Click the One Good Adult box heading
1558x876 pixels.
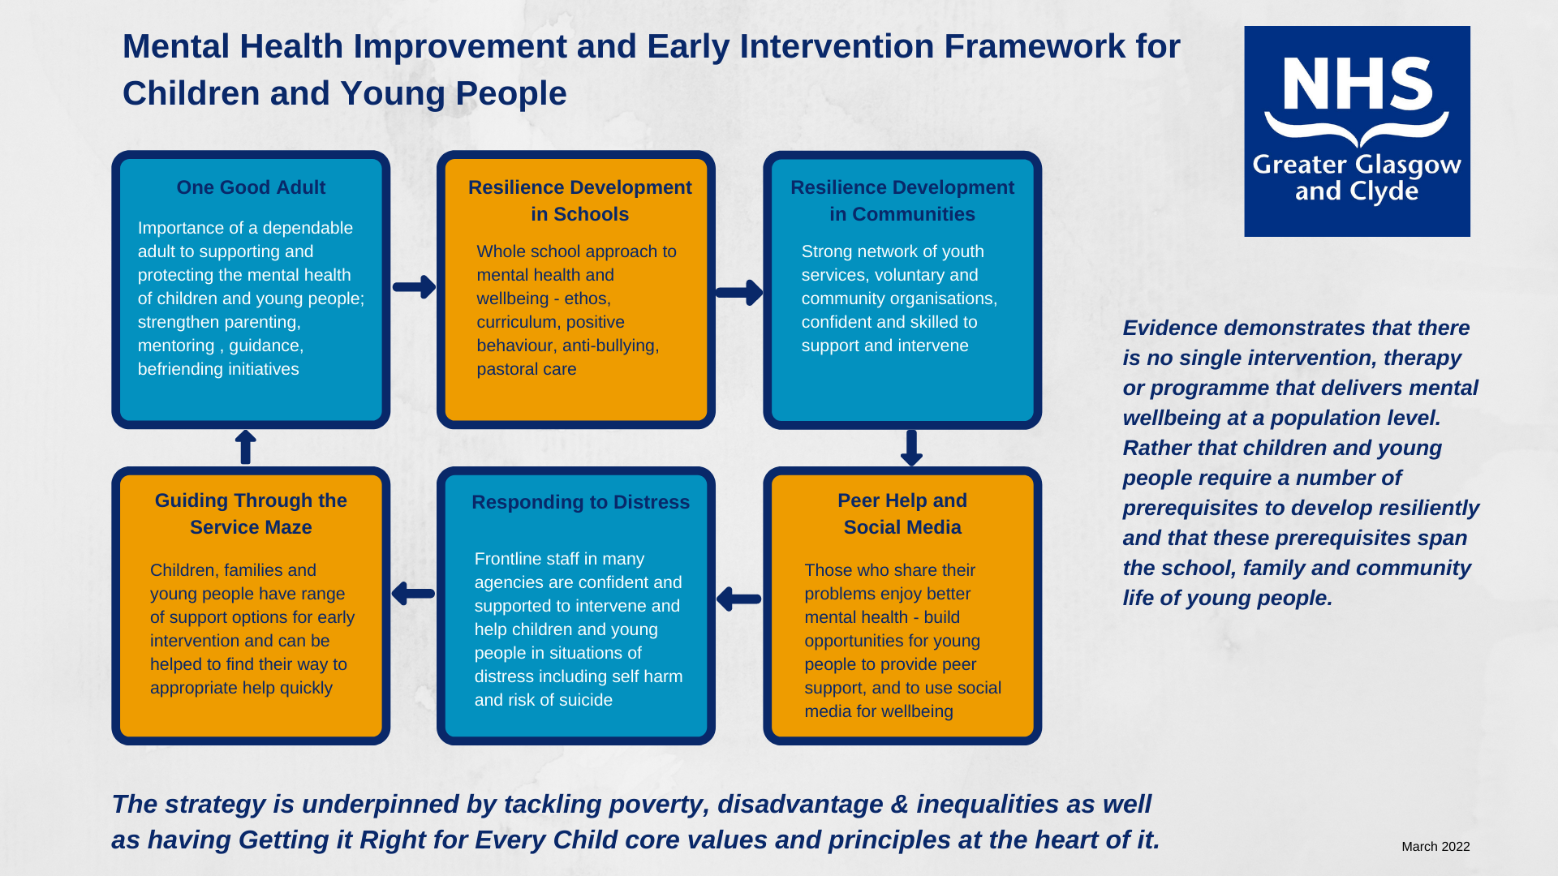pos(251,187)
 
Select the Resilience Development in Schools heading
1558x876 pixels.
pos(580,200)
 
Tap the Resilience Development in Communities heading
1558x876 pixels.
pos(902,200)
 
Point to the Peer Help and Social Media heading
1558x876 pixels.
pos(902,513)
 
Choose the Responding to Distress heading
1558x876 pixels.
pos(581,502)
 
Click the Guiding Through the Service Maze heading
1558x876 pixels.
pos(251,513)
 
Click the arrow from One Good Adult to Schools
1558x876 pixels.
pos(415,286)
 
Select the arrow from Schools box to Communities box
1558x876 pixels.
pos(739,292)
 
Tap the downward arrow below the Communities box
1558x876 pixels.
pos(911,448)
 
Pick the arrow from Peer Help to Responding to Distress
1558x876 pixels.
pos(739,599)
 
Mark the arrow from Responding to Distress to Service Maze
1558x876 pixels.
pos(413,594)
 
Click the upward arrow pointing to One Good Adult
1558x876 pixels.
pos(245,447)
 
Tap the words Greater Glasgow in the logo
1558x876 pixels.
pos(1357,165)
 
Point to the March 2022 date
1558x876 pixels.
pos(1435,847)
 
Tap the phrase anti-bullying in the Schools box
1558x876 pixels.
pos(609,346)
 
